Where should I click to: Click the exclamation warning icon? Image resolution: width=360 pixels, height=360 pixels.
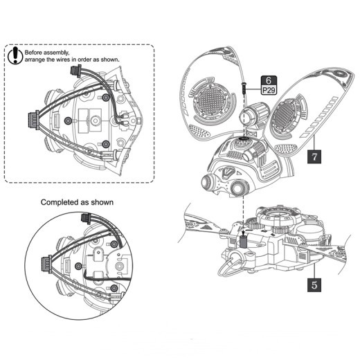pyautogui.click(x=15, y=55)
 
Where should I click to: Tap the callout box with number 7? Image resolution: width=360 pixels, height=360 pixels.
pyautogui.click(x=314, y=156)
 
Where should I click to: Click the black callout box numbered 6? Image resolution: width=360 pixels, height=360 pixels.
pyautogui.click(x=268, y=80)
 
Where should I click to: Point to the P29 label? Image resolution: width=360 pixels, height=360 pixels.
pyautogui.click(x=268, y=90)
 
